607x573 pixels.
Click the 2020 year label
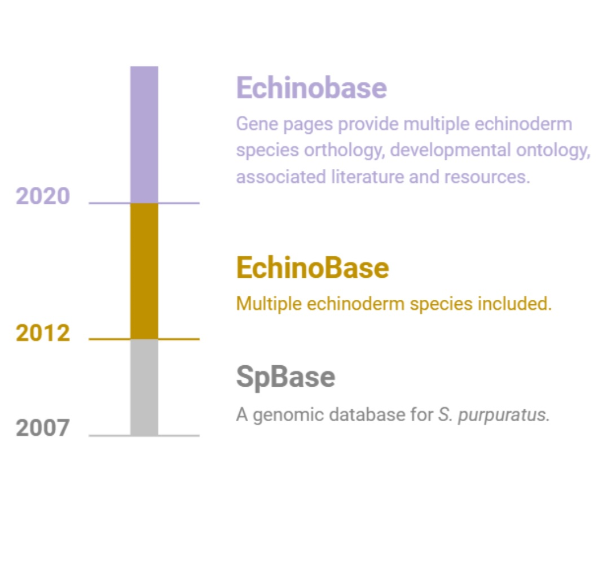coord(42,196)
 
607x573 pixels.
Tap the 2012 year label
coord(42,333)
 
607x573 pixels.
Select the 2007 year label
coord(42,428)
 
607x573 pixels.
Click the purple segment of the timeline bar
coord(144,134)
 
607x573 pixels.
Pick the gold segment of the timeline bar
coord(144,271)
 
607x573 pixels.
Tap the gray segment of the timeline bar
coord(144,387)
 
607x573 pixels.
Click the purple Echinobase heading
coord(311,88)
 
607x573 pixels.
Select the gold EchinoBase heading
coord(313,268)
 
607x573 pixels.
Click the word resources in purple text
coord(487,177)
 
